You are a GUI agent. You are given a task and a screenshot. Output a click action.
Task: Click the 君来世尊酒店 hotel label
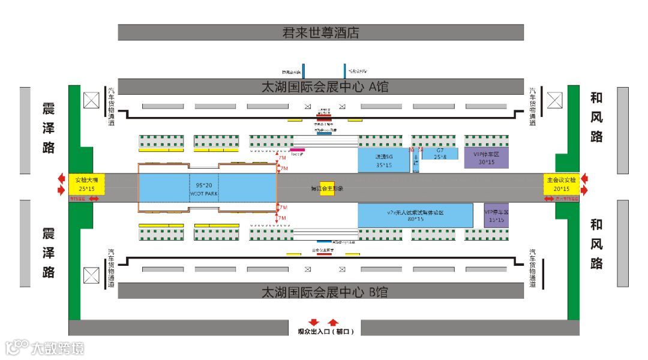coord(320,32)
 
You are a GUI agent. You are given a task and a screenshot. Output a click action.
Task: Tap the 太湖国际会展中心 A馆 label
coord(325,87)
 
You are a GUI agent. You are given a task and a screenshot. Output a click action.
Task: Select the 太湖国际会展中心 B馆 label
coord(325,292)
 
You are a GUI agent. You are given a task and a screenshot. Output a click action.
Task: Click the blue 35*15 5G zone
coord(383,160)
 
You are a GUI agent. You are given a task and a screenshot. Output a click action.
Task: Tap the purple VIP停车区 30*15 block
coord(486,158)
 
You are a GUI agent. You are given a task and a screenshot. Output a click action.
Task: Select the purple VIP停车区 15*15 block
coord(496,216)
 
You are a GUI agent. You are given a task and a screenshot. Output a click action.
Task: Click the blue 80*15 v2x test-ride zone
coord(415,215)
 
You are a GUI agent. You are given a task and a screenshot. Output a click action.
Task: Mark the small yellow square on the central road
coord(326,188)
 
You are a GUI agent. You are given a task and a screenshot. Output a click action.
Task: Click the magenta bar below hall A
coord(298,149)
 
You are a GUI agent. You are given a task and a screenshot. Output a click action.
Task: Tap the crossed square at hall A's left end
coord(91,100)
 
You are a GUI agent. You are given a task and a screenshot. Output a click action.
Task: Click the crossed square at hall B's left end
coord(91,275)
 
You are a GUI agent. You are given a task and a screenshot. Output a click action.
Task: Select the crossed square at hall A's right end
coord(555,100)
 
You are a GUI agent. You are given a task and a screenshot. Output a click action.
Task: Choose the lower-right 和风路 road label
coord(596,244)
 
